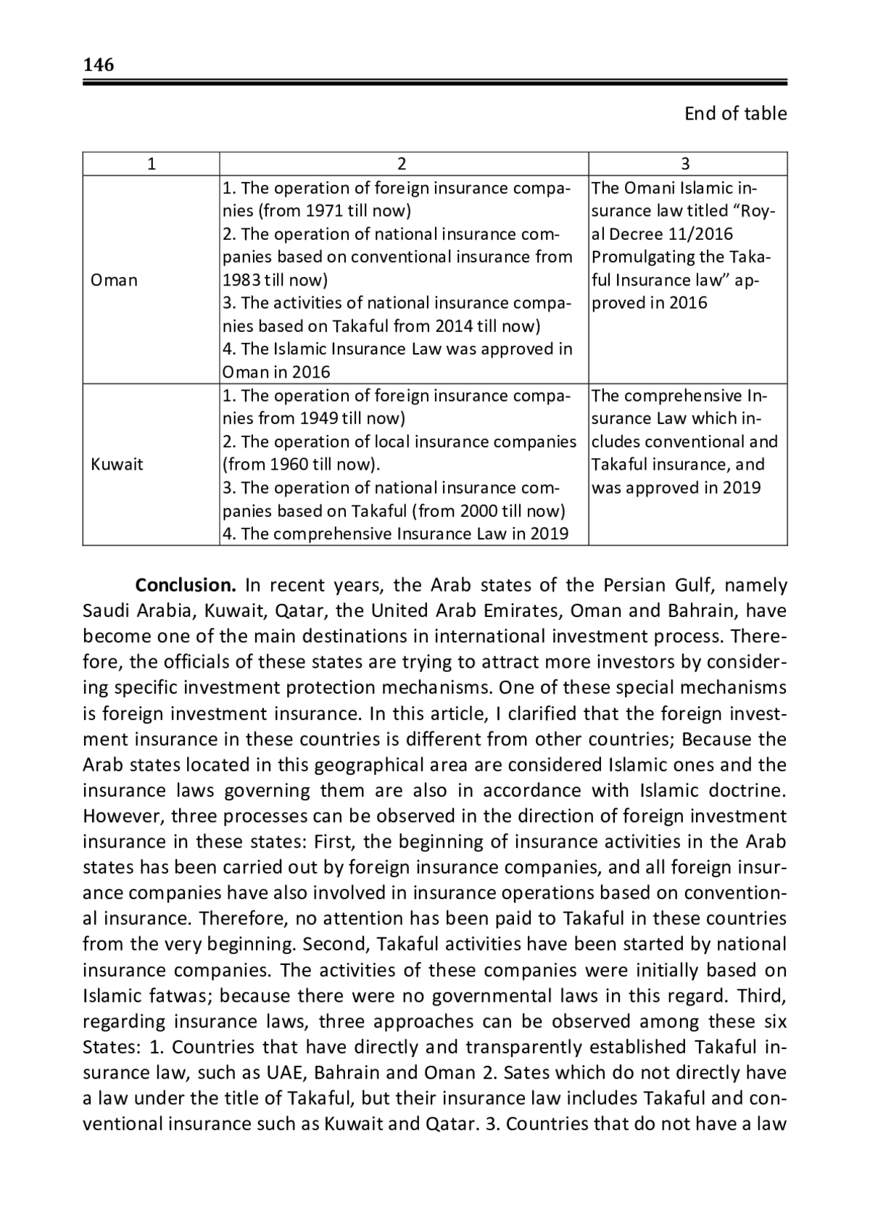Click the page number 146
point(99,65)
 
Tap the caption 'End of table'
point(735,114)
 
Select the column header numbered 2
point(403,164)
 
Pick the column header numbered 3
point(687,164)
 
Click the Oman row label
point(114,280)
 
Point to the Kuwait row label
point(117,464)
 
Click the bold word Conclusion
point(186,585)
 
